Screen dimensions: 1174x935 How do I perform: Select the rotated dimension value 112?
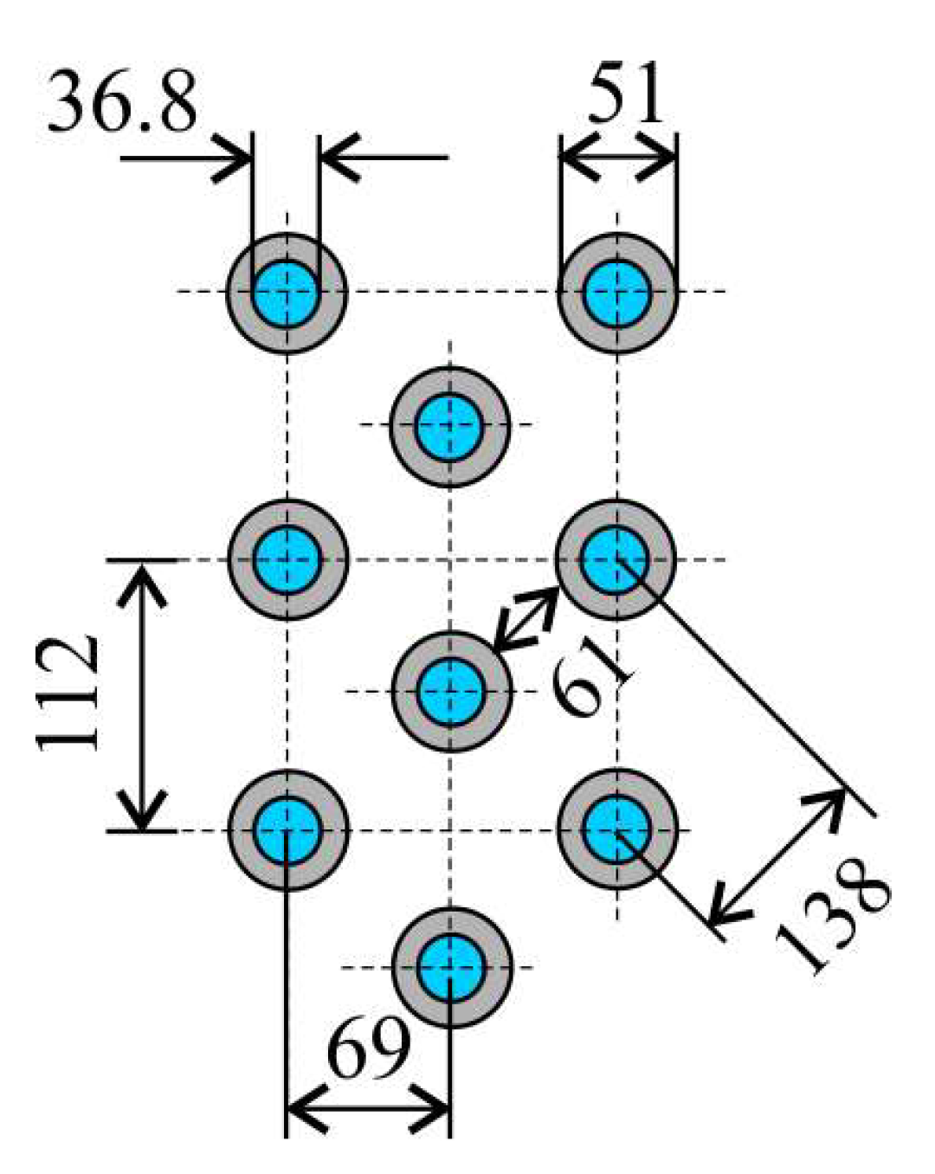(68, 693)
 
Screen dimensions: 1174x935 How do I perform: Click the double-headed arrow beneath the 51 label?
(617, 159)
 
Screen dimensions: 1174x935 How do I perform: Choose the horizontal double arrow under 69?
(368, 1109)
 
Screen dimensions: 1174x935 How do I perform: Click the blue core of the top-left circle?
(287, 293)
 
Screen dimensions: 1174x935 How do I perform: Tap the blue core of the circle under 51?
(616, 293)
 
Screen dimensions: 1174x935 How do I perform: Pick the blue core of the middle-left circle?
(287, 559)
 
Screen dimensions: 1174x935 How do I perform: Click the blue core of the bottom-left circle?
(287, 830)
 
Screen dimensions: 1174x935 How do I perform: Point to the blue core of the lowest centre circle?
(450, 967)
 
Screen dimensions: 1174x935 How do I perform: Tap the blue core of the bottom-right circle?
(616, 829)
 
